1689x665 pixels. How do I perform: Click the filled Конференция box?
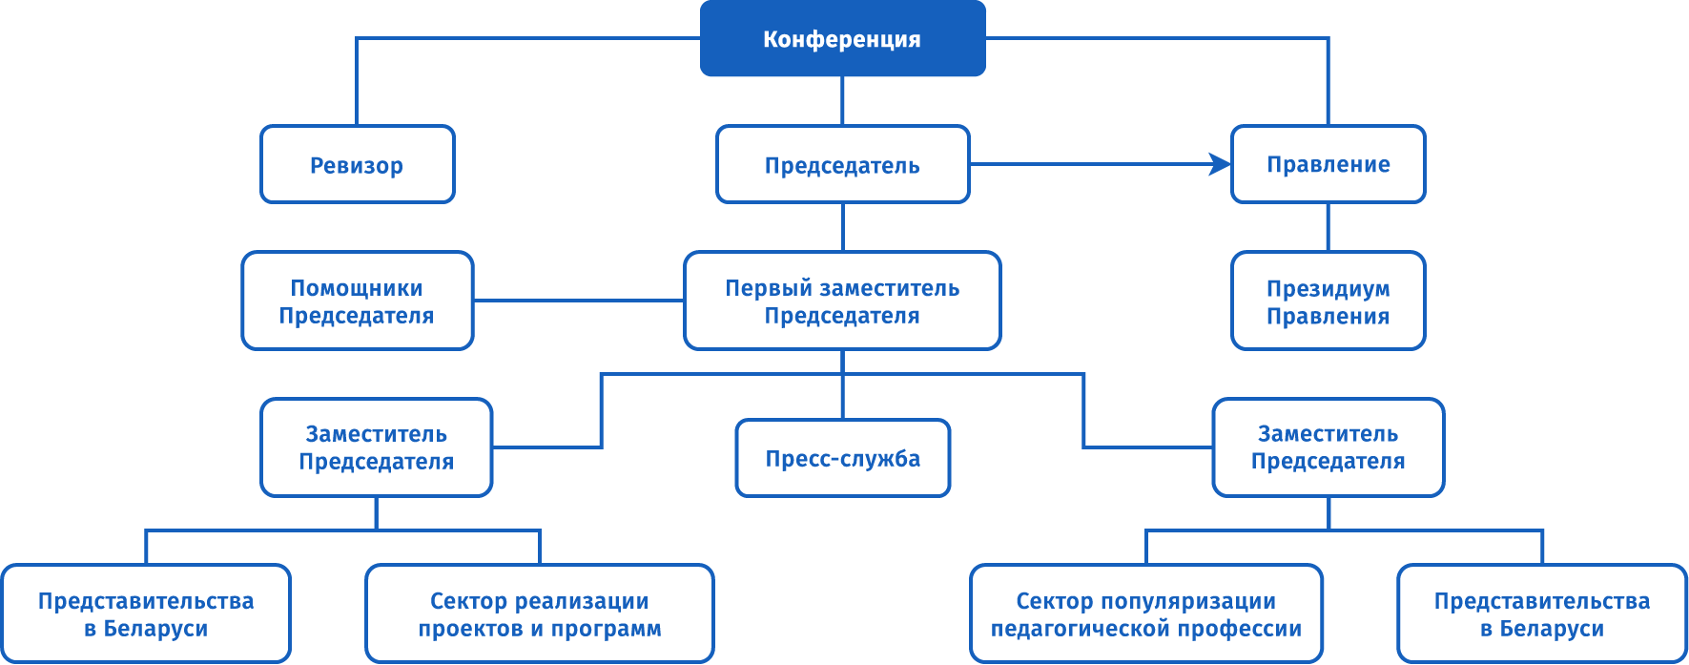pyautogui.click(x=842, y=39)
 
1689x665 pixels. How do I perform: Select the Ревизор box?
pyautogui.click(x=357, y=165)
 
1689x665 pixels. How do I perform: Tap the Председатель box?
pyautogui.click(x=842, y=165)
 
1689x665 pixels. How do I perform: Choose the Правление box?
pyautogui.click(x=1328, y=165)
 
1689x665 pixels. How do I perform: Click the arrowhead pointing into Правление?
pyautogui.click(x=1220, y=164)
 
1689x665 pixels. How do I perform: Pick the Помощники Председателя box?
pyautogui.click(x=357, y=301)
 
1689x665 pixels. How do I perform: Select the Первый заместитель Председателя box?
pyautogui.click(x=842, y=301)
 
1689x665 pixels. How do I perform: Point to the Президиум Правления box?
pyautogui.click(x=1328, y=301)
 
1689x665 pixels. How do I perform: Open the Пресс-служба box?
pyautogui.click(x=842, y=459)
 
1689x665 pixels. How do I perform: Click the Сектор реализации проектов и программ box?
pyautogui.click(x=539, y=614)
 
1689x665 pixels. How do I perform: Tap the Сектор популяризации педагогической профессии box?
pyautogui.click(x=1145, y=614)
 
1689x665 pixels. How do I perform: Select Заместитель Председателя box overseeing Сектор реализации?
pyautogui.click(x=376, y=447)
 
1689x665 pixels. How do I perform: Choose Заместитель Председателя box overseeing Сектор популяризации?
pyautogui.click(x=1328, y=447)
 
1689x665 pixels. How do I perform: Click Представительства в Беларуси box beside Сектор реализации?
pyautogui.click(x=146, y=614)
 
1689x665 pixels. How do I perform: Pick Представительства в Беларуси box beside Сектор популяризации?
pyautogui.click(x=1541, y=614)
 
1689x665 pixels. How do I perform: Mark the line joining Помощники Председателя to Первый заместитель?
pyautogui.click(x=578, y=301)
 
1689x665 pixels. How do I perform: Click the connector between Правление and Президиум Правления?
pyautogui.click(x=1328, y=227)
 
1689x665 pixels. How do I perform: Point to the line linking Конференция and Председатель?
pyautogui.click(x=842, y=100)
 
